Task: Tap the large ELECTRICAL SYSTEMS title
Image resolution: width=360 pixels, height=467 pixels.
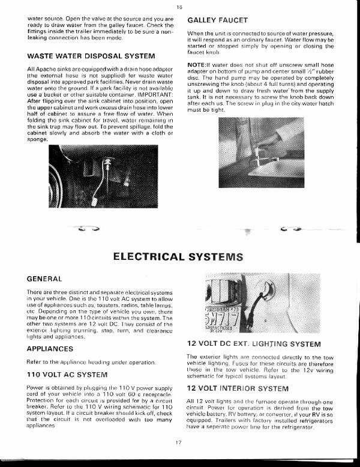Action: pyautogui.click(x=178, y=256)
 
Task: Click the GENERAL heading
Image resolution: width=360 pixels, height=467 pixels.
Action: pyautogui.click(x=44, y=279)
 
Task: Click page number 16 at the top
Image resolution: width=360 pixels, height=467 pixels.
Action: pyautogui.click(x=179, y=7)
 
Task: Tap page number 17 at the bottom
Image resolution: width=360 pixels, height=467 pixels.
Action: pyautogui.click(x=179, y=442)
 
